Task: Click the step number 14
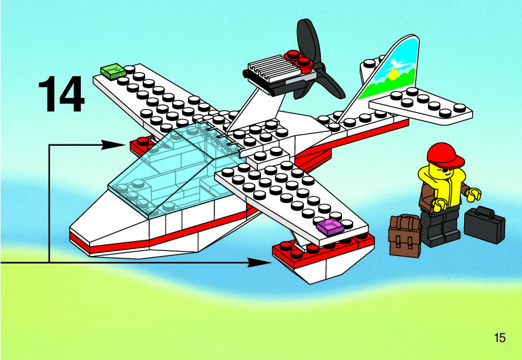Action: click(x=62, y=93)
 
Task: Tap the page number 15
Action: click(x=499, y=338)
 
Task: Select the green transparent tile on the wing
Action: click(x=113, y=72)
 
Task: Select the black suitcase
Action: click(x=484, y=224)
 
